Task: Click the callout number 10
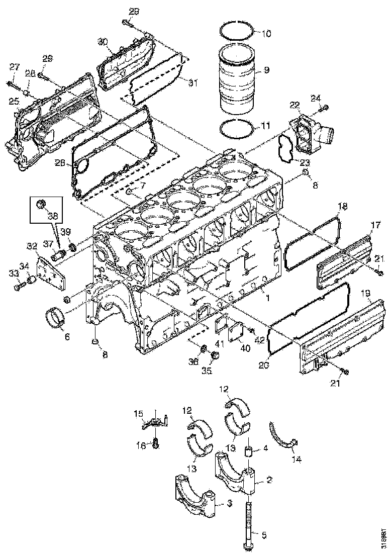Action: pos(266,34)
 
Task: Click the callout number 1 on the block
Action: pos(268,298)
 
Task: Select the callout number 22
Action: pos(294,104)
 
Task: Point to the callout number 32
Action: pos(32,246)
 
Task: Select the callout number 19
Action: pos(366,293)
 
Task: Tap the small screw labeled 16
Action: pos(155,444)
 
